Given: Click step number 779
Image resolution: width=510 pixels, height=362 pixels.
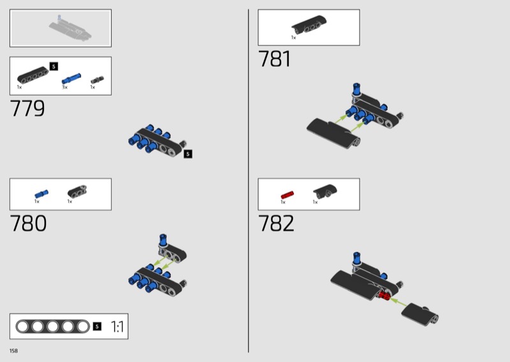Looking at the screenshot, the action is [27, 108].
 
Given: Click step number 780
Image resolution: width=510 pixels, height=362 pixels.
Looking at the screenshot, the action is [28, 223].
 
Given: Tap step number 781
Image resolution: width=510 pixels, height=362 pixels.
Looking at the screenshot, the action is [275, 59].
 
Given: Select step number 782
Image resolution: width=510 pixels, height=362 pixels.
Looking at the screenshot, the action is [276, 223].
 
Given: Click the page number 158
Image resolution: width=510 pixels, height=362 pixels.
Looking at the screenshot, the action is [13, 351].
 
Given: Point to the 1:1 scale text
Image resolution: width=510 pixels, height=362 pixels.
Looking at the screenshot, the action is [117, 326].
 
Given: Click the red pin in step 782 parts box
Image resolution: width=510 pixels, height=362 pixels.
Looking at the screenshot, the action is [288, 195].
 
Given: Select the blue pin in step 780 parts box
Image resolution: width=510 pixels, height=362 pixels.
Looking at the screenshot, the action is [41, 194].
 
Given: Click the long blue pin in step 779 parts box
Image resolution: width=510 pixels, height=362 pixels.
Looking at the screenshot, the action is [71, 79].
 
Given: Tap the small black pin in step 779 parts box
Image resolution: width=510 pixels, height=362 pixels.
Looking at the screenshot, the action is [97, 80].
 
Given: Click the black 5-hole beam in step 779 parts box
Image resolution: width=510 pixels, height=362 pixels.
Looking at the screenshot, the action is [33, 75].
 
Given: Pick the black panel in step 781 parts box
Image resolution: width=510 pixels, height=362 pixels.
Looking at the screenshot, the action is [309, 24].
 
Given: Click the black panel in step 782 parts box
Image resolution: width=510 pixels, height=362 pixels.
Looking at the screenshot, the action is [325, 191].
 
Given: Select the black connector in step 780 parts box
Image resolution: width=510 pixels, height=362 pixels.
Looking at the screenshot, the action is [77, 191].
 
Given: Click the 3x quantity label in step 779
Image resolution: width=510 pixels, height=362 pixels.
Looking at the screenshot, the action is [65, 87].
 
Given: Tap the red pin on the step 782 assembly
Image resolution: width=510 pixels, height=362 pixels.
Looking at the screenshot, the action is [384, 295].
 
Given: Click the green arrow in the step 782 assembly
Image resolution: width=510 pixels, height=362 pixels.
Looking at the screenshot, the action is [398, 301].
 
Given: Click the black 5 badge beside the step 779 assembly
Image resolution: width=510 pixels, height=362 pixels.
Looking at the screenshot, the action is [188, 154].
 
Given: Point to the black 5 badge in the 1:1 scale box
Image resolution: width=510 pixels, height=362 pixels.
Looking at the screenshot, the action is [97, 326].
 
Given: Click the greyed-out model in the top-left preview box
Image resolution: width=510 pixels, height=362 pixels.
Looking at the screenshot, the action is [70, 29].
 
